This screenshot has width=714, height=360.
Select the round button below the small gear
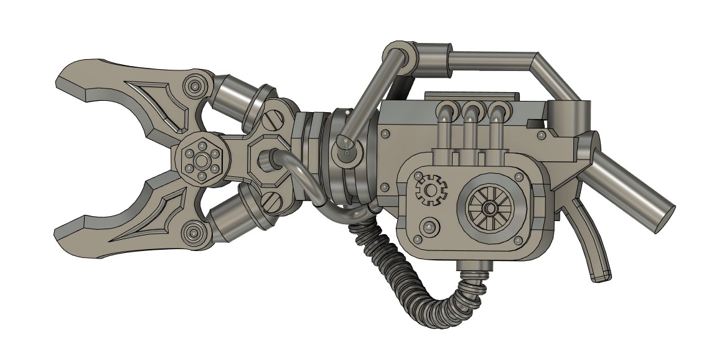click(x=428, y=227)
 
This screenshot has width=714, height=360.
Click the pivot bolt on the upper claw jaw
click(x=195, y=85)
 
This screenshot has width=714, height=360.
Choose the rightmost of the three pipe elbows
click(x=496, y=112)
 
